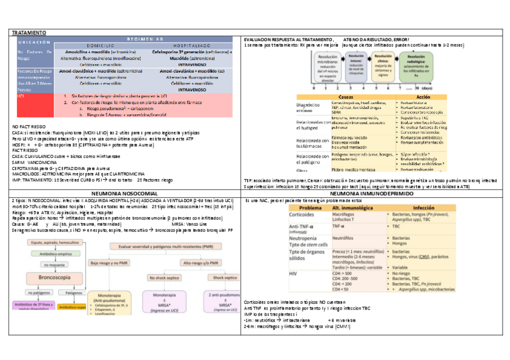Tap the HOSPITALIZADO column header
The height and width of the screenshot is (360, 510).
click(x=191, y=45)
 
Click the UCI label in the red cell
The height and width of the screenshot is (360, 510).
click(x=21, y=96)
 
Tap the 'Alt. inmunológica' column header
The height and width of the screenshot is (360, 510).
click(x=354, y=207)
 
